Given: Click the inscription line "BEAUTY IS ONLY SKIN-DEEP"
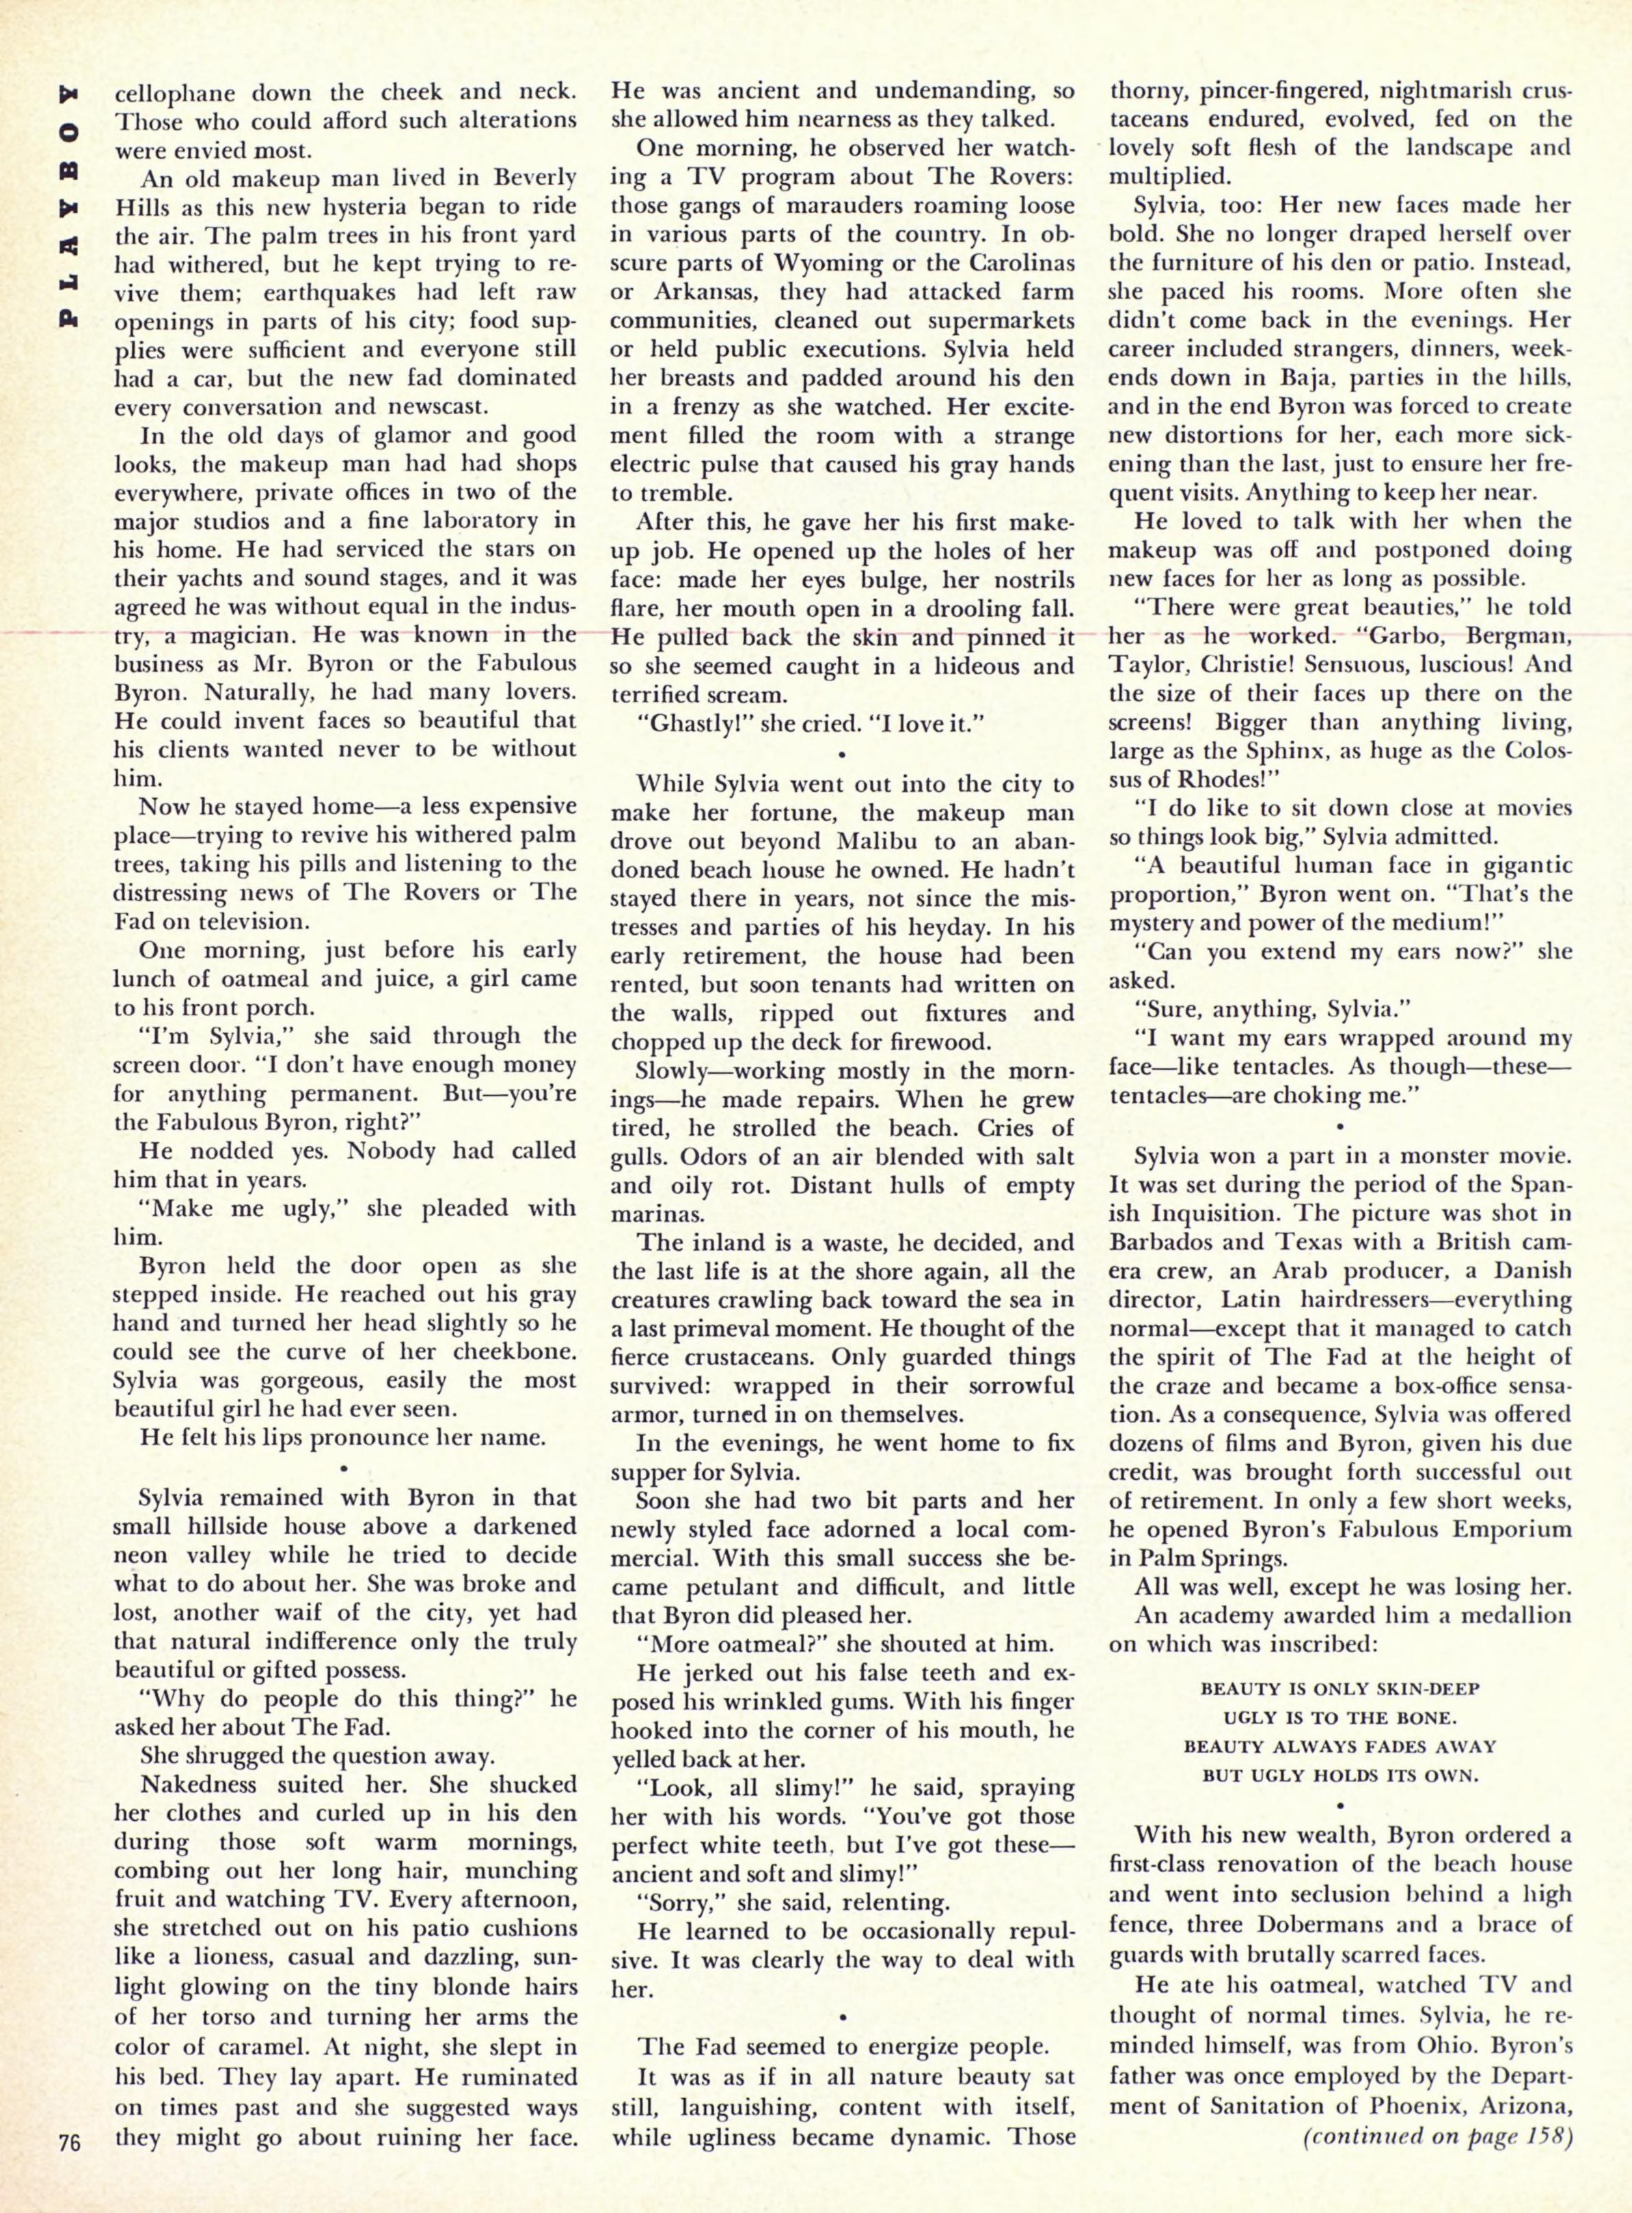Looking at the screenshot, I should [1339, 1689].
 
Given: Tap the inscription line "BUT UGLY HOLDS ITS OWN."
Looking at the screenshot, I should [1339, 1774].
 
